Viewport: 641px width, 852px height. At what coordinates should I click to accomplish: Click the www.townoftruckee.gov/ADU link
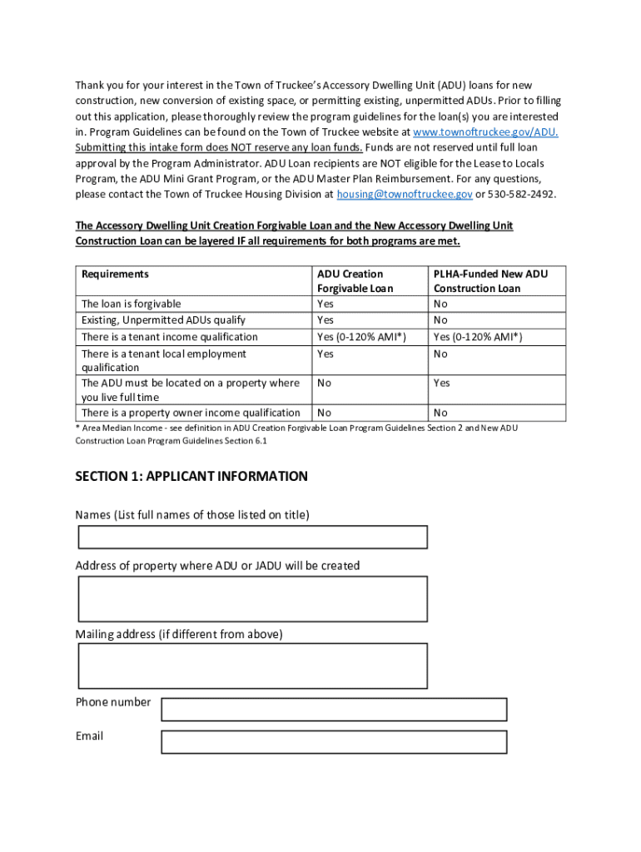485,132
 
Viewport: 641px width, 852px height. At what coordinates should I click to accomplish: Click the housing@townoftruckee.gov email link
405,195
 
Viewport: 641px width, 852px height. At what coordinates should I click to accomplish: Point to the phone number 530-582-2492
522,195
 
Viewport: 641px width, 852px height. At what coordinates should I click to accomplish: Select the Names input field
252,537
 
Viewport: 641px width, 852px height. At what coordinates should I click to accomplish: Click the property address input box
252,599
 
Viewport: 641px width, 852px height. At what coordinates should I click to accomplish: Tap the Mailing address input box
252,666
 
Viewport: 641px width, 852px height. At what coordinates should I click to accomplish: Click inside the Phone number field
334,710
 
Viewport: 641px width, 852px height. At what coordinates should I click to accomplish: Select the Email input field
334,742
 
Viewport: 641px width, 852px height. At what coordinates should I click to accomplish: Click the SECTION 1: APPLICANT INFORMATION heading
191,477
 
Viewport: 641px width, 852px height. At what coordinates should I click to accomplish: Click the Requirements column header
115,275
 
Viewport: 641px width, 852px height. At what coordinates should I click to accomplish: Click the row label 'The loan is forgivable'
131,305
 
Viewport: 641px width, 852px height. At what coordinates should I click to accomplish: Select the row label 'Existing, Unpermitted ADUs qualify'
163,320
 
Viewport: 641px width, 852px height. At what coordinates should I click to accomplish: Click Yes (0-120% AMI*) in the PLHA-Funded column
478,337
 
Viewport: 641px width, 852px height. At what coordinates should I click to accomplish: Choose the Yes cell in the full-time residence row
442,384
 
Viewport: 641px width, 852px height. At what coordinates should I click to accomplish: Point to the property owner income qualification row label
191,414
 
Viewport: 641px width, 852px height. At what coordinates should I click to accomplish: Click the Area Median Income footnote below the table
296,434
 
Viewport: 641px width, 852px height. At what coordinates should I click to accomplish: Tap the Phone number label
113,702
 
